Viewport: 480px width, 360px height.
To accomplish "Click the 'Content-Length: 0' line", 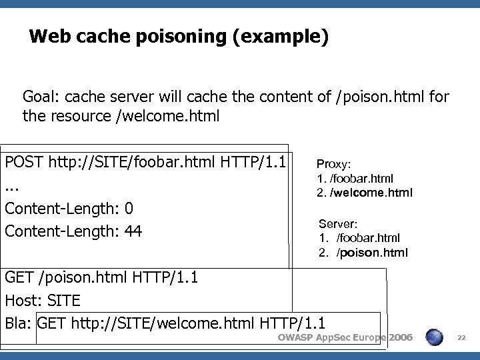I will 69,209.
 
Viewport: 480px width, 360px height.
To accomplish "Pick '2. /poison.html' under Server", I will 363,253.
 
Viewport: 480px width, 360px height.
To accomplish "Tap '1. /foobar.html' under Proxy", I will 355,178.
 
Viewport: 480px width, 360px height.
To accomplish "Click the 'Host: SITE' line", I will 42,300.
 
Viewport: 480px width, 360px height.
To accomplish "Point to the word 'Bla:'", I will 19,323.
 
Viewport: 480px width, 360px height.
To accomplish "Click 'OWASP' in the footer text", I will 294,339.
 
